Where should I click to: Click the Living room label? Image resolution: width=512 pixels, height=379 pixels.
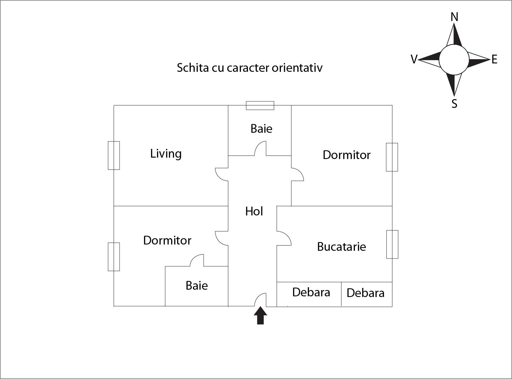166,154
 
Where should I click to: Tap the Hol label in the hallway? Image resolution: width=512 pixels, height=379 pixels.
254,211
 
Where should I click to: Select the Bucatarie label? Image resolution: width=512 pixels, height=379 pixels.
341,247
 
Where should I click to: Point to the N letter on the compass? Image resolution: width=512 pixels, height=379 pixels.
454,17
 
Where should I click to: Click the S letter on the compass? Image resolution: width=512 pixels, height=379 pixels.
454,104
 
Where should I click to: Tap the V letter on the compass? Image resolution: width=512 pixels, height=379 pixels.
414,60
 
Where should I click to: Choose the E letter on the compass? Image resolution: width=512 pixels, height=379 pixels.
494,60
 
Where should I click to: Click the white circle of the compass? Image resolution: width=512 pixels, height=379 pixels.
454,60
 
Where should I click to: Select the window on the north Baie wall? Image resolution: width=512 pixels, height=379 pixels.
260,105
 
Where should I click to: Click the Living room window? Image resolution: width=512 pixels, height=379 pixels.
114,156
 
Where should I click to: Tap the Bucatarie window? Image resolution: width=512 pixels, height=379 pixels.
392,244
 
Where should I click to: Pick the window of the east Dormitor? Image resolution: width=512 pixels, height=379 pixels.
392,157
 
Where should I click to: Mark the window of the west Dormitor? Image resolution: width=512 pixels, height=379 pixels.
114,257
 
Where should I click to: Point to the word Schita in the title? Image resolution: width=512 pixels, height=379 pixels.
193,68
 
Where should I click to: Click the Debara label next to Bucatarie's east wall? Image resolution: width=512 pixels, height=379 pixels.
365,293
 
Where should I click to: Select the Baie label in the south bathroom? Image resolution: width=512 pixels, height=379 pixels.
196,285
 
